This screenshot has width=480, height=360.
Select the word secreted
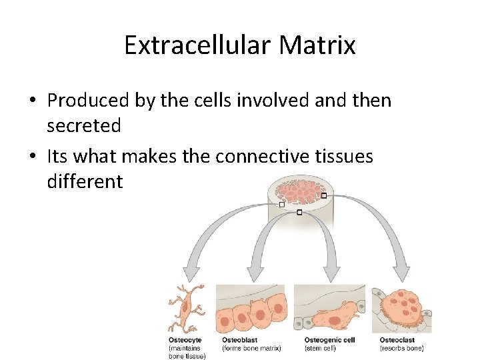[83, 125]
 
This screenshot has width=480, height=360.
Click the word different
[85, 181]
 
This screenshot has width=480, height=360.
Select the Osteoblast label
[239, 340]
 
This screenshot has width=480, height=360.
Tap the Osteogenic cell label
[329, 340]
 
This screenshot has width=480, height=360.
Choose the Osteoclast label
[397, 340]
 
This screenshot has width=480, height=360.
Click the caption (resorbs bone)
[402, 348]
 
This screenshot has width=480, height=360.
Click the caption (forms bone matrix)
[251, 348]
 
